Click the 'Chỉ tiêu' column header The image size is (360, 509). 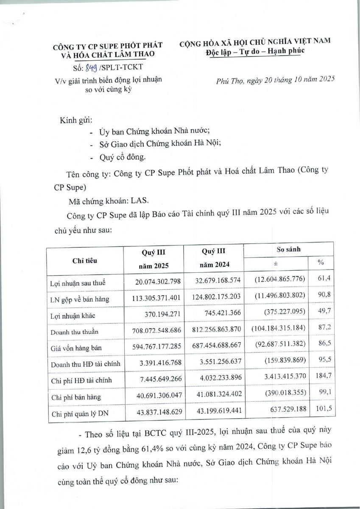(85, 260)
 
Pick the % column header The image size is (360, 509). (321, 263)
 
